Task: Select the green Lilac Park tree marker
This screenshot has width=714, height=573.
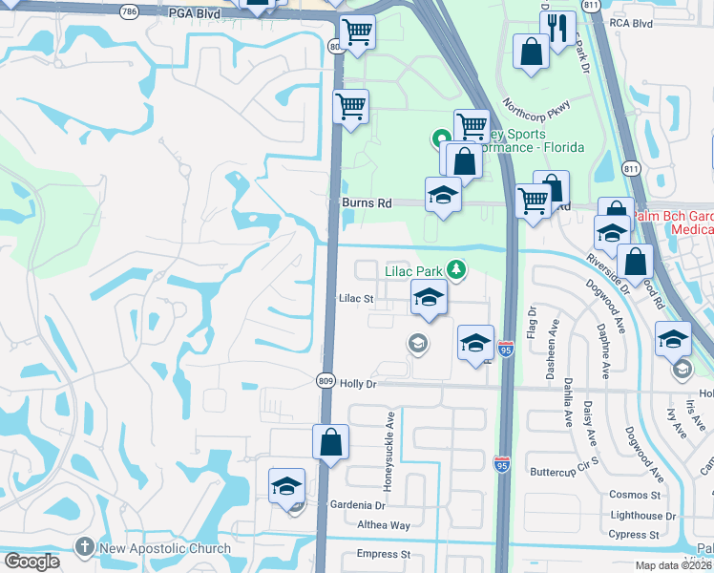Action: (x=457, y=270)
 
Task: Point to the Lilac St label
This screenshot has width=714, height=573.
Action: (x=355, y=298)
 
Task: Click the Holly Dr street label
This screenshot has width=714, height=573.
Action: (x=359, y=384)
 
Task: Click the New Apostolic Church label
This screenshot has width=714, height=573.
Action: (x=166, y=548)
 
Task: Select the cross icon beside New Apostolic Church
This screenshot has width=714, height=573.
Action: (x=85, y=548)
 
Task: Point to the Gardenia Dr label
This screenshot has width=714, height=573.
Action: (x=357, y=505)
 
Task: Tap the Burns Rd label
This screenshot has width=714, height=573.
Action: (x=367, y=203)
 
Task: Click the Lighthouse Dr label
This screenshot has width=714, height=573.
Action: (x=642, y=516)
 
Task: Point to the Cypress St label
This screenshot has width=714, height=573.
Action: (x=639, y=535)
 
